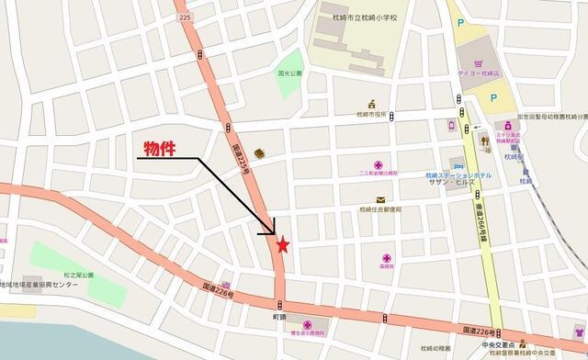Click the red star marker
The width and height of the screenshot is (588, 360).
tap(283, 245)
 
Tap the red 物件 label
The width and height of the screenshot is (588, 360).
tap(165, 148)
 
